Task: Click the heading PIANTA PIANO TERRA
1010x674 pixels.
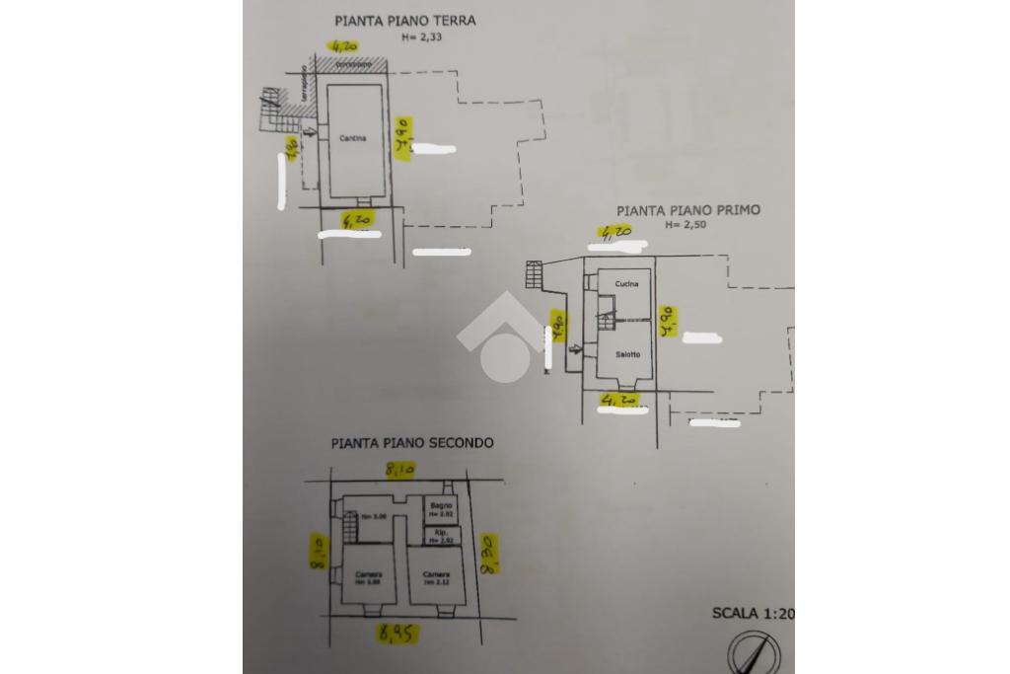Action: coord(404,20)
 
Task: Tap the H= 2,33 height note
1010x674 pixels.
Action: coord(421,37)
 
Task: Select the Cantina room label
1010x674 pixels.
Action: coord(352,139)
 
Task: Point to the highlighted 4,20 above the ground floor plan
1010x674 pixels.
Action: coord(345,45)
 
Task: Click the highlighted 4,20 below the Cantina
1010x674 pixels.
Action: coord(356,221)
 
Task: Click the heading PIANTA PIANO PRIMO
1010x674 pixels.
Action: coord(688,210)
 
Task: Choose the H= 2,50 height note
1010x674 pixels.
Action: coord(686,225)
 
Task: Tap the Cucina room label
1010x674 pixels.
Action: coord(626,284)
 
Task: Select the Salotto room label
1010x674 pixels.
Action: coord(628,355)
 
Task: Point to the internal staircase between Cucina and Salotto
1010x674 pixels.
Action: coord(606,318)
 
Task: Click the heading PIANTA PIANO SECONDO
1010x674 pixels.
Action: coord(412,444)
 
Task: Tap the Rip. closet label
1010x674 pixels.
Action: coord(441,536)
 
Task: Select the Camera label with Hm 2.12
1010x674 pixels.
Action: coord(436,576)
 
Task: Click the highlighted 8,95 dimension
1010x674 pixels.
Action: coord(397,634)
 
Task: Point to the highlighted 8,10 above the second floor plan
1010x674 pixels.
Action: coord(398,473)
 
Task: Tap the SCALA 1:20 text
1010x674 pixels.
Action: coord(753,614)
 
